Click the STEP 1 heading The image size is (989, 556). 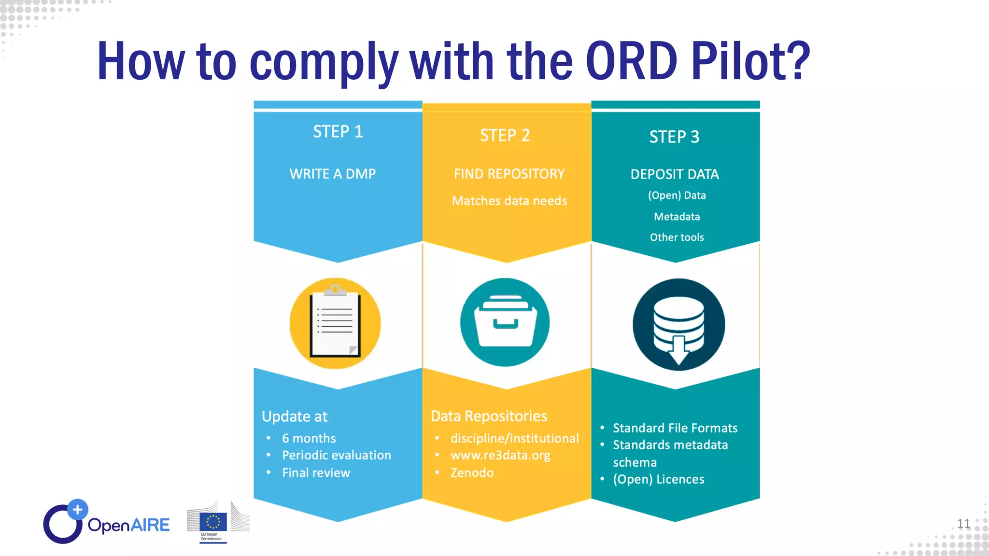338,132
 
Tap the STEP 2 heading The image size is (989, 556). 505,136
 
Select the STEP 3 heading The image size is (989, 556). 674,137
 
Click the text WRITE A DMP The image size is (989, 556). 332,174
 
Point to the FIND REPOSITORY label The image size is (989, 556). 509,174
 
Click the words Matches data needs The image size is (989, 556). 509,201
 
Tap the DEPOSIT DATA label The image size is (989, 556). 674,174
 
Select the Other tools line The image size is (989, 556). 677,237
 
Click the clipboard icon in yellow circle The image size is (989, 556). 335,323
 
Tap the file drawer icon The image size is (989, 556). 505,322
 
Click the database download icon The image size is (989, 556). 678,325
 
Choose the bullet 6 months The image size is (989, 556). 309,438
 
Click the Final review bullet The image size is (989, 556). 316,473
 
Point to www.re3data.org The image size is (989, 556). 500,456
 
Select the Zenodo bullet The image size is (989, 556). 472,473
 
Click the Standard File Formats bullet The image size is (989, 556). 675,428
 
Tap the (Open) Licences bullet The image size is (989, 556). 658,479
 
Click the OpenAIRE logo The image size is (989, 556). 107,523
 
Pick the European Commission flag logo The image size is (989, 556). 213,523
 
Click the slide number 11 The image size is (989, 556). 963,524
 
